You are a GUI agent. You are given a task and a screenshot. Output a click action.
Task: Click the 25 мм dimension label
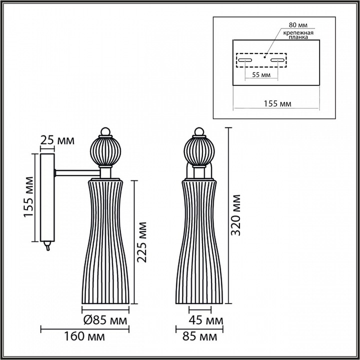pos(57,140)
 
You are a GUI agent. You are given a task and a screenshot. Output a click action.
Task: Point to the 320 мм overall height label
pos(237,215)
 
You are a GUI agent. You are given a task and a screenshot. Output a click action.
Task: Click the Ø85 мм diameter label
pos(105,319)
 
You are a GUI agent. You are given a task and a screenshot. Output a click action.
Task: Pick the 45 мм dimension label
pos(206,319)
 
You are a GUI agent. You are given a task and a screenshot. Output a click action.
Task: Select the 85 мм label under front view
pos(204,336)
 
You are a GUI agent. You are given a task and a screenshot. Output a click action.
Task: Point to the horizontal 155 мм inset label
pos(277,103)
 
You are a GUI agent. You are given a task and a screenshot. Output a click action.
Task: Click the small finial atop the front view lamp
pos(199,131)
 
